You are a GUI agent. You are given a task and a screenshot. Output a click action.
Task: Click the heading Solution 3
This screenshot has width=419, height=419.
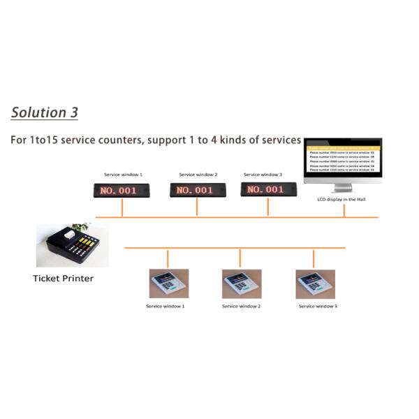click(x=45, y=112)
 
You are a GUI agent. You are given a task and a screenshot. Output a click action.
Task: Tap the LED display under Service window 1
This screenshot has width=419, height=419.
click(x=122, y=190)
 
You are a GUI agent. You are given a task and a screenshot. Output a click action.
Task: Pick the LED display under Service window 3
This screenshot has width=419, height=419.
click(x=265, y=190)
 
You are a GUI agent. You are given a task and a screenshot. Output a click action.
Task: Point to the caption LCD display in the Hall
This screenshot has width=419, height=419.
click(x=341, y=199)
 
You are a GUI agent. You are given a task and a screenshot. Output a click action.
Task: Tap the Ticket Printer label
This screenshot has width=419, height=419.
click(x=63, y=278)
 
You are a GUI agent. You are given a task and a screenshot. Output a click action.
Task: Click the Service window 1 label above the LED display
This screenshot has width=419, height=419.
click(x=123, y=175)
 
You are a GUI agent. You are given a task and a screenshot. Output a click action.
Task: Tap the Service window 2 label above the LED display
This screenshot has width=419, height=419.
click(x=198, y=175)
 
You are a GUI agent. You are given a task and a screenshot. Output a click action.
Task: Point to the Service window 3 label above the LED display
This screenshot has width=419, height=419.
click(x=263, y=175)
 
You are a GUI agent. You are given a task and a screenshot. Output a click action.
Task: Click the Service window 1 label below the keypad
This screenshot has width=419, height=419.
click(x=166, y=306)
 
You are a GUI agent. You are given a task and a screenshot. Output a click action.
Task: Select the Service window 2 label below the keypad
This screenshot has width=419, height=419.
click(x=241, y=306)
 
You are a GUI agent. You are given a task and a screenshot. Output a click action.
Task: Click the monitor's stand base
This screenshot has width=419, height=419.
click(x=341, y=190)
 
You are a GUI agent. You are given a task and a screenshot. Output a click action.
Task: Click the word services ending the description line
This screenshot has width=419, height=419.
click(x=280, y=140)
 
